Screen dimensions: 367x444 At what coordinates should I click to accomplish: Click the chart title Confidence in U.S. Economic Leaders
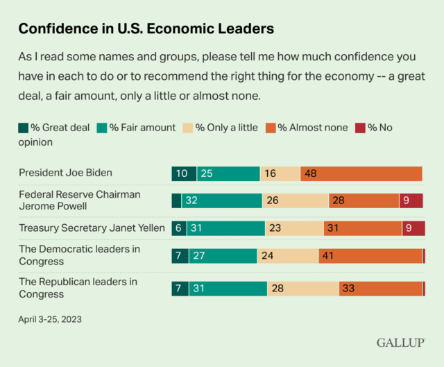pos(146,29)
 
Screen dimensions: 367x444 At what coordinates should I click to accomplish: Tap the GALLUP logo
pos(401,343)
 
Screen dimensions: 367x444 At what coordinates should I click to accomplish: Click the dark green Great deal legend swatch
pos(23,128)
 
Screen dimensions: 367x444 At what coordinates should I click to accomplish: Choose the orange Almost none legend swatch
pos(271,128)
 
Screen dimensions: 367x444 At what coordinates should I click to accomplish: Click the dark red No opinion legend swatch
pos(360,128)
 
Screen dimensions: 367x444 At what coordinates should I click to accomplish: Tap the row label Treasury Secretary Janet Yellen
pos(92,228)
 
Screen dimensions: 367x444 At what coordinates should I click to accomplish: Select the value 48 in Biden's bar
pos(311,173)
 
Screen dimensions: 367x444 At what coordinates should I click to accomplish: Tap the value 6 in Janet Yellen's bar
pos(178,228)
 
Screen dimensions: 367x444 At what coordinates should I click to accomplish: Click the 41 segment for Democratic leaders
pos(328,256)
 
